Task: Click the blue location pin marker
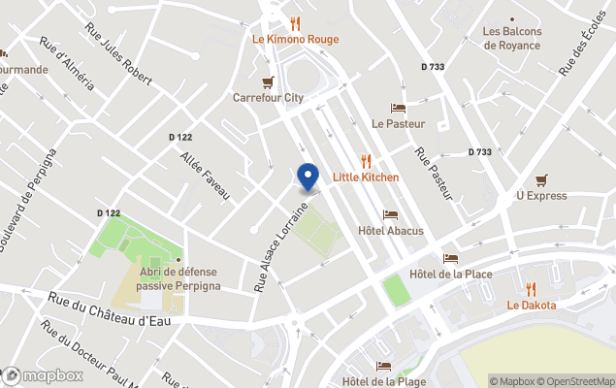click(x=308, y=178)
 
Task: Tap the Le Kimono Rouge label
click(x=296, y=40)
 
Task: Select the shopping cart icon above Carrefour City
click(x=269, y=81)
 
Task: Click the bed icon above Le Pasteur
click(x=398, y=108)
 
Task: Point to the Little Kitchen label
click(x=366, y=178)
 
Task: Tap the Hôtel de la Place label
click(x=450, y=275)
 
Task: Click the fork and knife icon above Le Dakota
click(x=531, y=289)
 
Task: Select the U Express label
click(x=541, y=195)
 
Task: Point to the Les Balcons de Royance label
click(x=512, y=38)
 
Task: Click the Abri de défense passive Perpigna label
click(x=178, y=279)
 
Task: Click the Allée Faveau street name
click(x=205, y=175)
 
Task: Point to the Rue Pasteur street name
click(x=435, y=175)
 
